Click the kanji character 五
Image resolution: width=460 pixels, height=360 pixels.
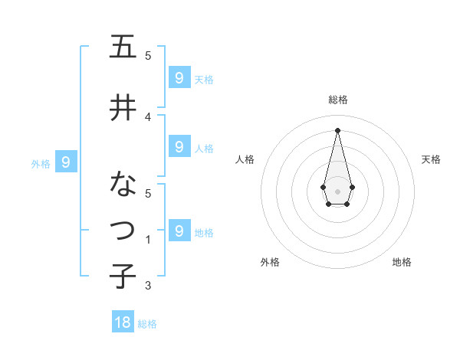coord(123,47)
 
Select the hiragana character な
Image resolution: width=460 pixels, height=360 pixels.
coord(123,185)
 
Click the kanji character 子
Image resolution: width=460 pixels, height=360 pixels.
coord(123,275)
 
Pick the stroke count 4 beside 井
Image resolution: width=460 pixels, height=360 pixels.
coord(148,116)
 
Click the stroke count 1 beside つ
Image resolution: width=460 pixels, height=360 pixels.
coord(148,240)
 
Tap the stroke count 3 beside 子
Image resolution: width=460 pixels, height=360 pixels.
coord(148,286)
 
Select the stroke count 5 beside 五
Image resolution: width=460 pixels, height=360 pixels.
coord(148,54)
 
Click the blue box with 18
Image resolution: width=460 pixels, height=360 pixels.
coord(123,322)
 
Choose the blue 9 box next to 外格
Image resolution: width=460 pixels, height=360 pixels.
coord(66,162)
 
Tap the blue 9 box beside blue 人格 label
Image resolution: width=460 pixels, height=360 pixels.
coord(179,147)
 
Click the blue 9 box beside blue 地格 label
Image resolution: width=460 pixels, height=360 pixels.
coord(179,231)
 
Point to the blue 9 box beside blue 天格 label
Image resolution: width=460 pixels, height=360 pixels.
coord(179,77)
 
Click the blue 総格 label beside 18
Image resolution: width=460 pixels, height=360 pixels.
coord(147,324)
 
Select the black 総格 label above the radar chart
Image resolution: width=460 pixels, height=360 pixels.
coord(337,100)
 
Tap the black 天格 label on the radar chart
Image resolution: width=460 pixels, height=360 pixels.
coord(432,159)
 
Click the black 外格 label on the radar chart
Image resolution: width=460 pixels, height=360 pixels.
coord(270,262)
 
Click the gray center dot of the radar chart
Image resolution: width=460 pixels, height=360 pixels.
coord(337,191)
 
